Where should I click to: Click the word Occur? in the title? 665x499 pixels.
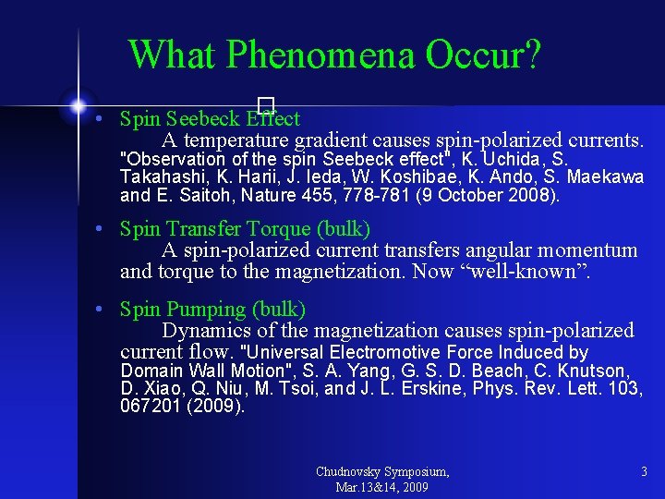tap(482, 55)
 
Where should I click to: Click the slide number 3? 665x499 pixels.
tap(644, 472)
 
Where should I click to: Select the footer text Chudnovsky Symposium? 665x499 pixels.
tap(382, 472)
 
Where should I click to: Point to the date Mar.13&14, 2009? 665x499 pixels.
tap(382, 487)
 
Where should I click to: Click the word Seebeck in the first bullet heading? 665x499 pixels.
tap(204, 119)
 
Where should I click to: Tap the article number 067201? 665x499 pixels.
tap(151, 406)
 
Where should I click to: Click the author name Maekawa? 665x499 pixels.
tap(605, 176)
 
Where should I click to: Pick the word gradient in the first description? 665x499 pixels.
tap(329, 140)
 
